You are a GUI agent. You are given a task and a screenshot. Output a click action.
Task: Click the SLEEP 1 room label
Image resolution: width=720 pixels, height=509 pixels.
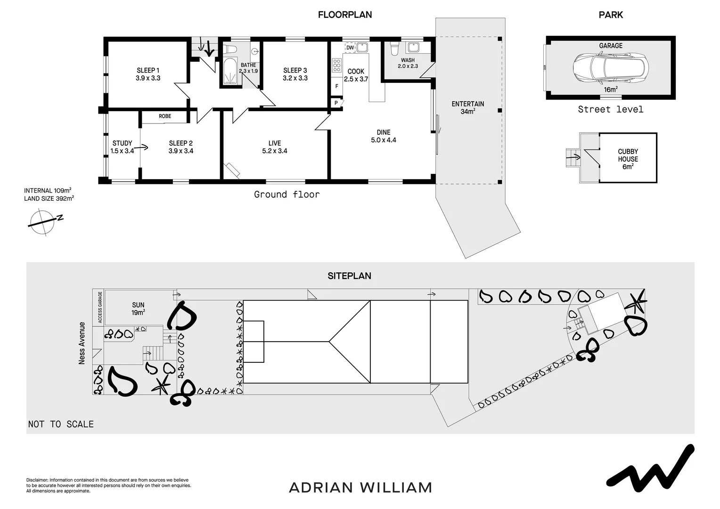point(148,74)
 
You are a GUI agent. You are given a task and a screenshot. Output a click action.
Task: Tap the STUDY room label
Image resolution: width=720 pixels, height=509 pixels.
point(122,147)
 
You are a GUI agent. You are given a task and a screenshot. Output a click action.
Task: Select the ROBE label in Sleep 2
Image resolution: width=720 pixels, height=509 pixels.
point(165,116)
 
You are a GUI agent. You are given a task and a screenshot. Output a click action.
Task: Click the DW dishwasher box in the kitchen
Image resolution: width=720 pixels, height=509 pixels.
point(350,48)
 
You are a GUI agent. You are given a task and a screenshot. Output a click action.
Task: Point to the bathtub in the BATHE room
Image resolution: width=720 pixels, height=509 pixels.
point(230,71)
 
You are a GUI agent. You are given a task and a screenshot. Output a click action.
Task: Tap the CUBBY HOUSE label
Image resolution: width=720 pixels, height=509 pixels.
point(628,159)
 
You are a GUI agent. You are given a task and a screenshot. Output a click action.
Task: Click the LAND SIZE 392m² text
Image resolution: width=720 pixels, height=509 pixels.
point(49,198)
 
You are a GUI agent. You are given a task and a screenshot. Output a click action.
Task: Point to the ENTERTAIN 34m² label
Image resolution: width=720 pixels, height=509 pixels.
point(467,107)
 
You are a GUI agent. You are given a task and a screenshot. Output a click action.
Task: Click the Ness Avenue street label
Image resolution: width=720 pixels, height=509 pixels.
point(82,343)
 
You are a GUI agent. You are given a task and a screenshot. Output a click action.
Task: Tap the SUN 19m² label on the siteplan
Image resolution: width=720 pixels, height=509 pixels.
point(138,308)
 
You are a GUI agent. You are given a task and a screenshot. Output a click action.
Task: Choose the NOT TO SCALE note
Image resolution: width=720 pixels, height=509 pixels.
point(61,424)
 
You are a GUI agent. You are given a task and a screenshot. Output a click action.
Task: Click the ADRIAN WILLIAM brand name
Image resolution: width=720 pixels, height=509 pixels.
point(360,487)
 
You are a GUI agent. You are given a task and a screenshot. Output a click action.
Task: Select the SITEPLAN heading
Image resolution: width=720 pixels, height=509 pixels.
point(349,276)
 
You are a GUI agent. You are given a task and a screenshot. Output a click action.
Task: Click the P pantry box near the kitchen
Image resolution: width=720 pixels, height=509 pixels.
point(336,103)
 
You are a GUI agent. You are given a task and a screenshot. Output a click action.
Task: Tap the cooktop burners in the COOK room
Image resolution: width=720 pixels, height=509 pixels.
point(337,65)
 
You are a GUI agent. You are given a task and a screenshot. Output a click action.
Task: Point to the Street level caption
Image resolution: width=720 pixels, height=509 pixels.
point(610,109)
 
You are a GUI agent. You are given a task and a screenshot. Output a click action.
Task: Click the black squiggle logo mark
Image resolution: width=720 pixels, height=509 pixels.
point(650,467)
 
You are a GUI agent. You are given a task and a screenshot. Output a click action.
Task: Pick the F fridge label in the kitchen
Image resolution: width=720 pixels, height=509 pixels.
point(336,86)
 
